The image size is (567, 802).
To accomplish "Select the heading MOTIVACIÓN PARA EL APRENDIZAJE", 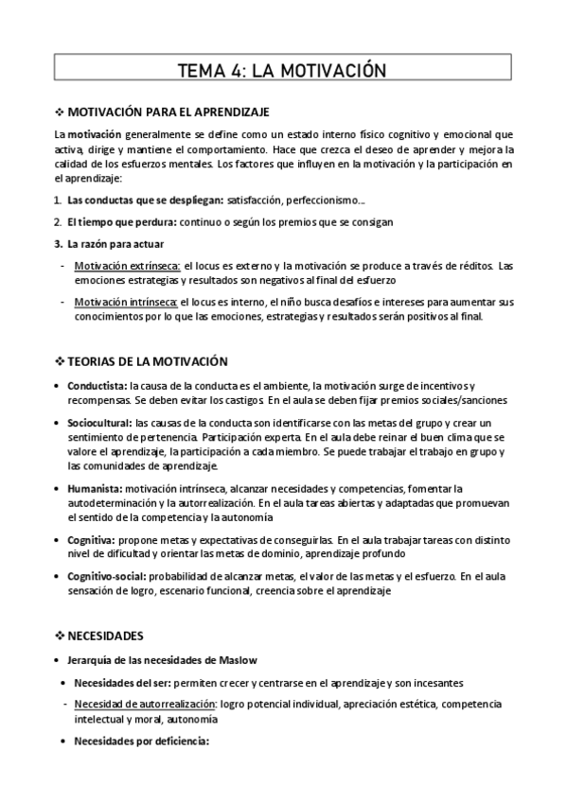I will click(x=170, y=112).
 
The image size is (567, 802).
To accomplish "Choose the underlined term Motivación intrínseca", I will click(x=126, y=302).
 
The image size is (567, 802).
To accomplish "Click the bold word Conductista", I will click(x=97, y=386).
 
